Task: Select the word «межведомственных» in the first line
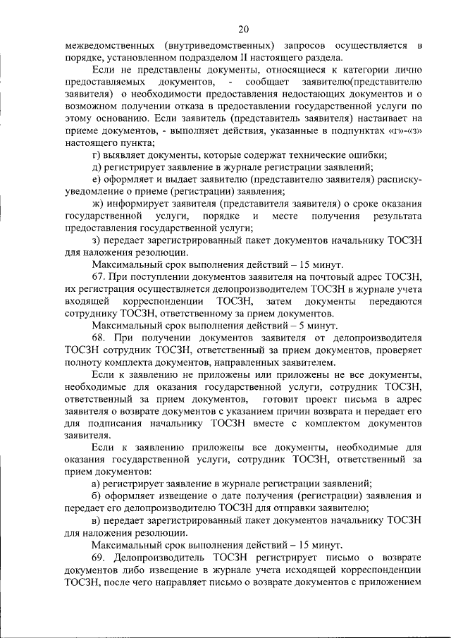(108, 46)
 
